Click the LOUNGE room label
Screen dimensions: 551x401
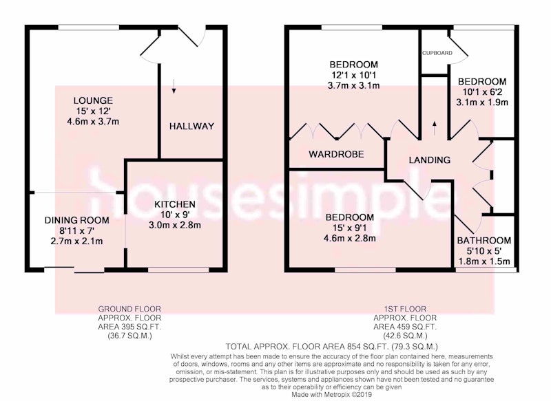coord(93,100)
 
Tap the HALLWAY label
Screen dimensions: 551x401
coord(191,127)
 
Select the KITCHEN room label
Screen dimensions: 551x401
coord(175,204)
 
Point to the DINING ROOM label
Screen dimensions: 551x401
coord(76,220)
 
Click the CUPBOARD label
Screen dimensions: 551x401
coord(437,53)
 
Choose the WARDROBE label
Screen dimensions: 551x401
coord(336,154)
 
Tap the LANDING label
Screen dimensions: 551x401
coord(429,160)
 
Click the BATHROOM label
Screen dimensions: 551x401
coord(484,241)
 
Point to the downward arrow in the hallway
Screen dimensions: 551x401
coord(174,86)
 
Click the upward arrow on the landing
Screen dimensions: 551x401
coord(435,129)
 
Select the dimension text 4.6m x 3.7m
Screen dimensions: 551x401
coord(93,122)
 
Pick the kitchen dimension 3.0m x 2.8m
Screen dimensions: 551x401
coord(175,225)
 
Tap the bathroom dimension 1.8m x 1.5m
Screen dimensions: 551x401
coord(484,261)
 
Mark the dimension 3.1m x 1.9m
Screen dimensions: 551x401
coord(481,102)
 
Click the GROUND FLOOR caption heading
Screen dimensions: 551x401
coord(129,309)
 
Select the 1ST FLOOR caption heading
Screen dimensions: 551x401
coord(405,309)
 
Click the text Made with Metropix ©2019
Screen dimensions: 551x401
coord(332,394)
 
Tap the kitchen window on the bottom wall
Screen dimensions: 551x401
coord(178,270)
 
